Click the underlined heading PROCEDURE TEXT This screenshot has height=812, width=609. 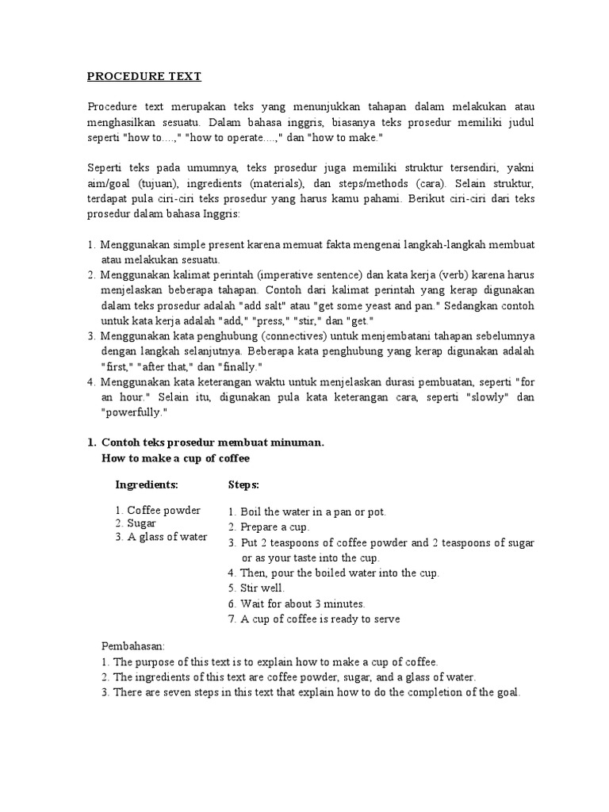[x=144, y=77]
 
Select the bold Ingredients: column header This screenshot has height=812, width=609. [x=147, y=484]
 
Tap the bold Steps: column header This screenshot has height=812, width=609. [x=243, y=484]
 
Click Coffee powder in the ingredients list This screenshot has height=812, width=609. [x=163, y=510]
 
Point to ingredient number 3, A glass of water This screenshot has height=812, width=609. [x=167, y=537]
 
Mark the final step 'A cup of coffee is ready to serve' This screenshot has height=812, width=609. [x=320, y=619]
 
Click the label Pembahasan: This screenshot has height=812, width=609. [x=132, y=646]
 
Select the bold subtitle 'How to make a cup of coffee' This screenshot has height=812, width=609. [x=176, y=458]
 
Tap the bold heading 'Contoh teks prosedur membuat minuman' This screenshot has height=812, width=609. [x=212, y=443]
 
